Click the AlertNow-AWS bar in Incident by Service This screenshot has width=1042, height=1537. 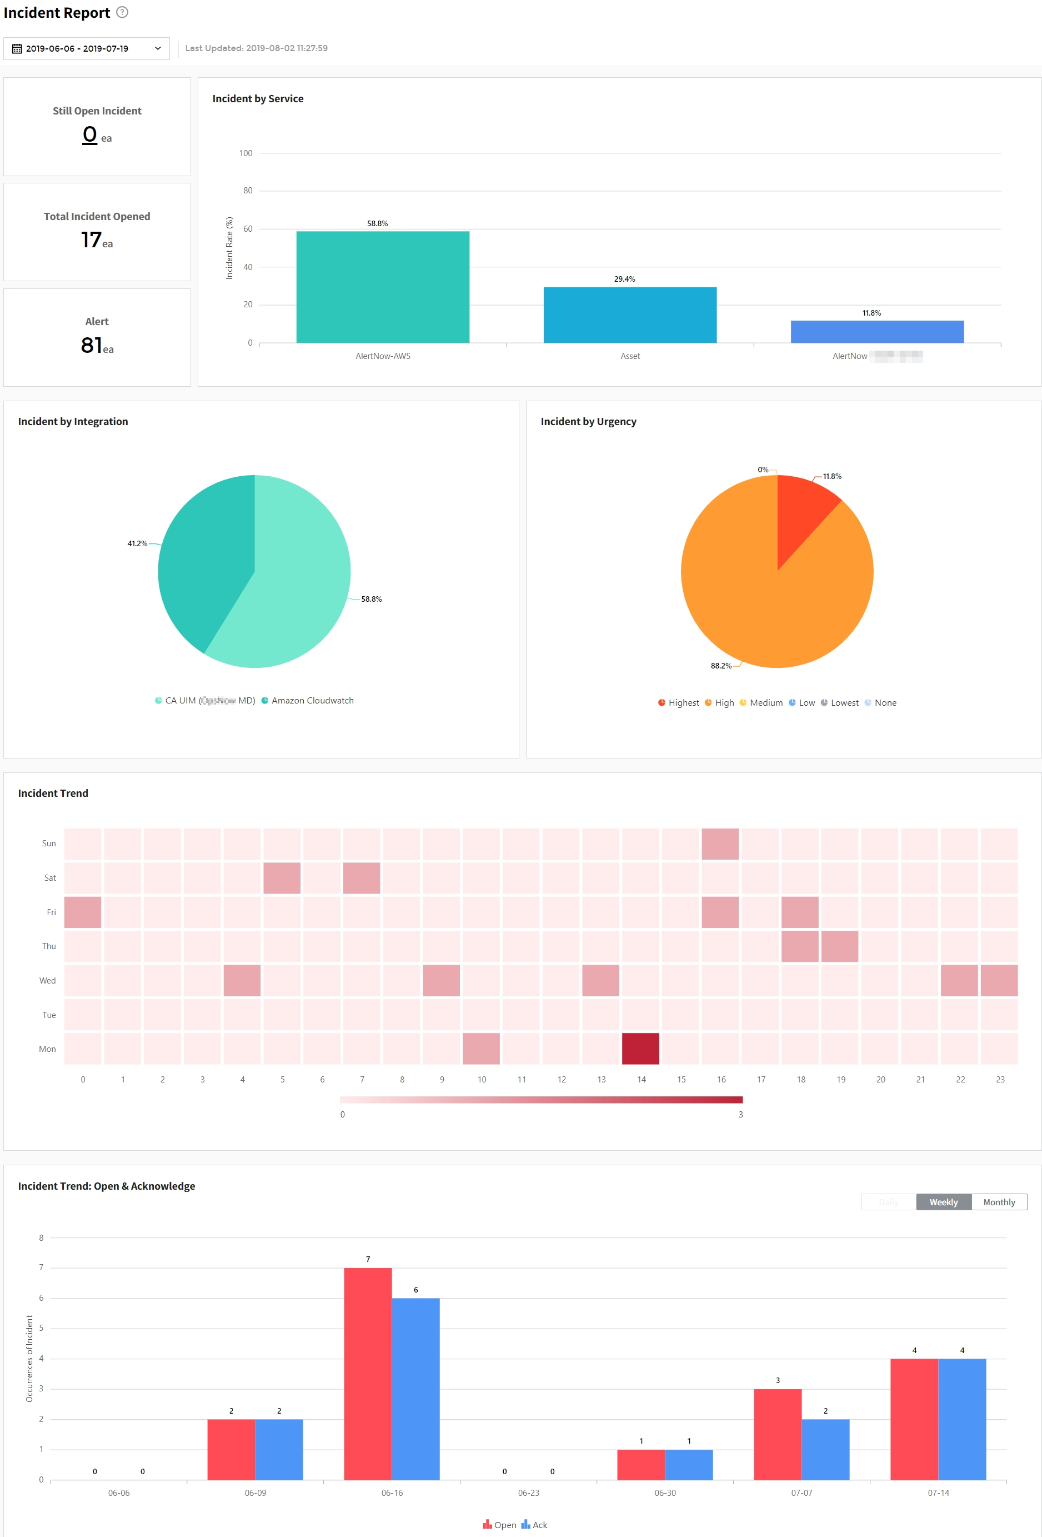pos(383,287)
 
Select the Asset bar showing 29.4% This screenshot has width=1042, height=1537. pos(629,315)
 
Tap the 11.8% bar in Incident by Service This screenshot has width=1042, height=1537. pos(876,331)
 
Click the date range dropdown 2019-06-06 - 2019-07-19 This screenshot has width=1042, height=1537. pos(87,48)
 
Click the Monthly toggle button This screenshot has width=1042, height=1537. pos(998,1202)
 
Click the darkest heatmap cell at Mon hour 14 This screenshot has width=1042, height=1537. pos(640,1048)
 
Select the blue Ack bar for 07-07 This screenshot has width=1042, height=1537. pos(825,1449)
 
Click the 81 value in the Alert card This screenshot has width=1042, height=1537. pos(92,345)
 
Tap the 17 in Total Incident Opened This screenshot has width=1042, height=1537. pos(91,239)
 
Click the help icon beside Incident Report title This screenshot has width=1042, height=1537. pos(122,12)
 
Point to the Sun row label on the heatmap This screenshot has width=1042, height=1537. pos(49,843)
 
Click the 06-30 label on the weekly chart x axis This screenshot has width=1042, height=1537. pos(665,1493)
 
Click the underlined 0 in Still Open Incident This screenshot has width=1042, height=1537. pos(90,134)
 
